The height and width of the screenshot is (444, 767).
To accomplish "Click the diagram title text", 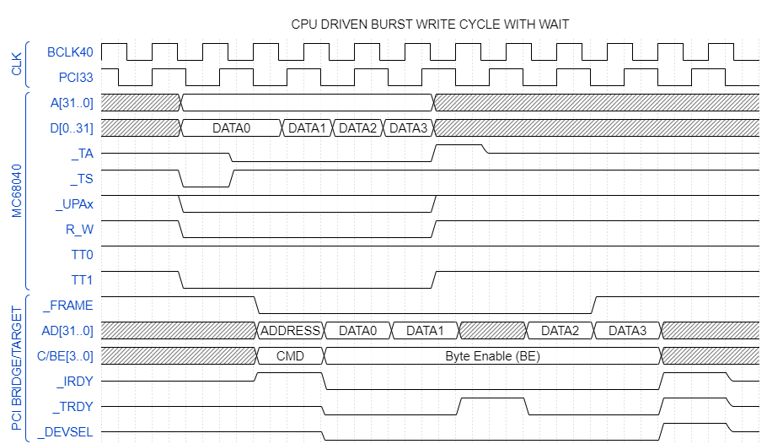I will click(430, 24).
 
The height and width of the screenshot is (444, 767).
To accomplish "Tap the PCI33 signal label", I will click(75, 78).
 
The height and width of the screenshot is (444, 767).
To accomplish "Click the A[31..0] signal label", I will click(72, 103).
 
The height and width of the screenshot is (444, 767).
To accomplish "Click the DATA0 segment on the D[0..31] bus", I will click(231, 128).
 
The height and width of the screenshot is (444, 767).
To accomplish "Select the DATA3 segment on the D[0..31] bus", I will click(409, 128).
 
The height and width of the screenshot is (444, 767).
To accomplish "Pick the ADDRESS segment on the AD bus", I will click(291, 331).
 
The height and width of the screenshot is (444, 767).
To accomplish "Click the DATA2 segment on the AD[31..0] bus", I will click(560, 331).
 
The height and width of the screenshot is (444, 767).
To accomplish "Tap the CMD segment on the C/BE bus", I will click(291, 356).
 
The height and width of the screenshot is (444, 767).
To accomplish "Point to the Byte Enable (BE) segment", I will click(492, 356).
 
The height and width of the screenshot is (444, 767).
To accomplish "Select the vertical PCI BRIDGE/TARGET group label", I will click(16, 368).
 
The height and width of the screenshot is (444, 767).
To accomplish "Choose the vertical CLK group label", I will click(16, 65).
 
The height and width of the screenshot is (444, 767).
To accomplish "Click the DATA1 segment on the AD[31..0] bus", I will click(426, 331).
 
